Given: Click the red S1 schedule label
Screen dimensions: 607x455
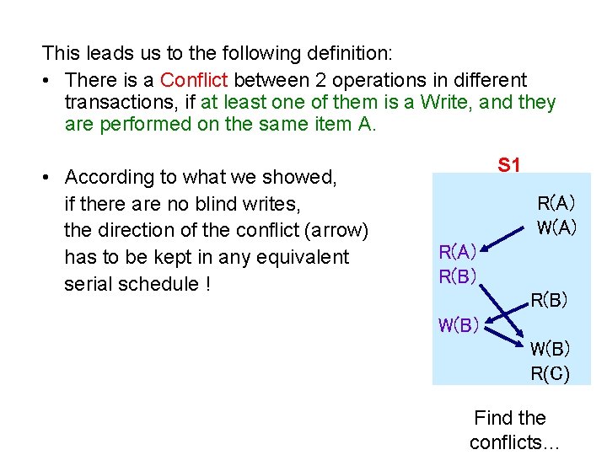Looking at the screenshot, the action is pos(508,164).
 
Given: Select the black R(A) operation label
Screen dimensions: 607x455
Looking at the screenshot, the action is pos(556,203).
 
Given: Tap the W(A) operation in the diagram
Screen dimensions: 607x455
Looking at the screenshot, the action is pos(556,227).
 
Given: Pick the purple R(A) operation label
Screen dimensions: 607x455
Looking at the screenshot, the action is pos(458,251).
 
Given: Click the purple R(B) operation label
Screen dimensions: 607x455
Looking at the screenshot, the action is pos(458,276).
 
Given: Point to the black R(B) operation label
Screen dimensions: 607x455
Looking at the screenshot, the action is pos(549,299).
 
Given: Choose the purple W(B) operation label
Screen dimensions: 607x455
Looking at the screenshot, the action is pos(458,325).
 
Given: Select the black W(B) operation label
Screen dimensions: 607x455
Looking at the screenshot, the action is pos(550,349).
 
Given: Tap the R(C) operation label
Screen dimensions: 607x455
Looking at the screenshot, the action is pos(550,373).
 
